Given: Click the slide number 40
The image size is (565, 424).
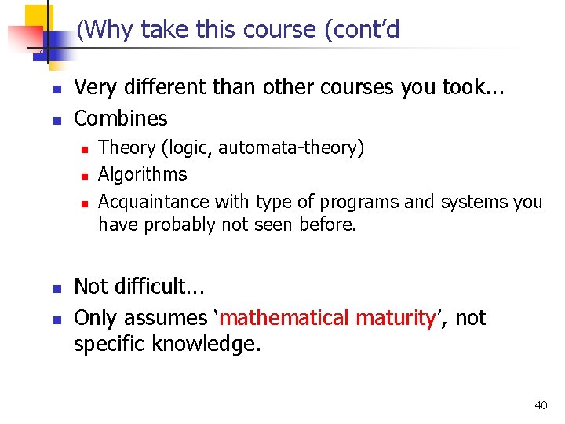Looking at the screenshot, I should pos(541,405).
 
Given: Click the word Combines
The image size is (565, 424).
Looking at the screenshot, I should pos(120,119).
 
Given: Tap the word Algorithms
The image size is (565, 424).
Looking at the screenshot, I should pos(142,174).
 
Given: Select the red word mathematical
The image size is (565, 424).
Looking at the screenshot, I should pos(285,318).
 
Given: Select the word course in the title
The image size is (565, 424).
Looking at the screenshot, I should pos(272,31).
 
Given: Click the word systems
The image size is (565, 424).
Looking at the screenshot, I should pos(473,202).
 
